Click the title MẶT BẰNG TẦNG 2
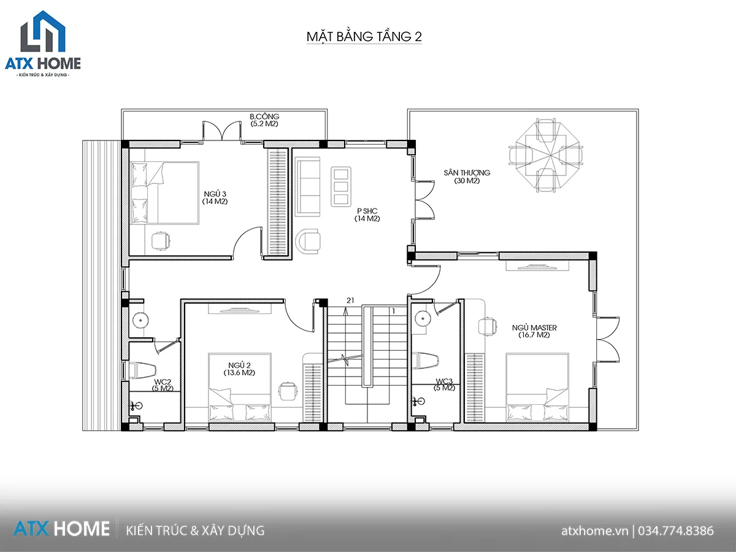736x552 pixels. pyautogui.click(x=364, y=37)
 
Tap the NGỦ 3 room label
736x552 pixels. pyautogui.click(x=215, y=197)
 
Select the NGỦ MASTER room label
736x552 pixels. pyautogui.click(x=534, y=331)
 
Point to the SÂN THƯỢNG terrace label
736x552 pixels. pyautogui.click(x=467, y=177)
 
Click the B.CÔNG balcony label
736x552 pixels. pyautogui.click(x=264, y=120)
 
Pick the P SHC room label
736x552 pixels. pyautogui.click(x=367, y=215)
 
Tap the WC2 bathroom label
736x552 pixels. pyautogui.click(x=163, y=385)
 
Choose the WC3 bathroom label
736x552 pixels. pyautogui.click(x=444, y=385)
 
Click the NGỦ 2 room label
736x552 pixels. pyautogui.click(x=239, y=369)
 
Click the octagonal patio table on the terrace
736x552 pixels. pyautogui.click(x=546, y=156)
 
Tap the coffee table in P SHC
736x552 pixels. pyautogui.click(x=341, y=186)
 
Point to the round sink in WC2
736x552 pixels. pyautogui.click(x=140, y=320)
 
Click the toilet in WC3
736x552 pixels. pyautogui.click(x=425, y=360)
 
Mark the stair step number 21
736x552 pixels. pyautogui.click(x=350, y=301)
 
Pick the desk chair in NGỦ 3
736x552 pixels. pyautogui.click(x=161, y=240)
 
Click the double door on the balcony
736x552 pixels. pyautogui.click(x=221, y=131)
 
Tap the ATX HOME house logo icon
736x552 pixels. pyautogui.click(x=43, y=31)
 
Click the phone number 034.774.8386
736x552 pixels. pyautogui.click(x=676, y=531)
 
